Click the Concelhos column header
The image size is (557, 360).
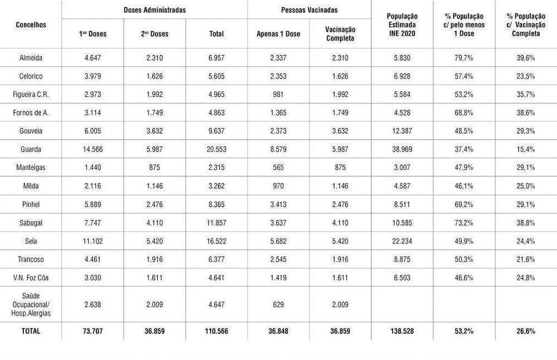pos(31,25)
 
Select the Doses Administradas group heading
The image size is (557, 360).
pos(155,10)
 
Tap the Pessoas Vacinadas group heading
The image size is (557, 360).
pos(310,10)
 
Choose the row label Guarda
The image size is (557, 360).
pos(31,149)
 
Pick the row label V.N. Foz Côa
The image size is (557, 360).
pos(31,278)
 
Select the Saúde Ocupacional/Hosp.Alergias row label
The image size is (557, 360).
pos(31,304)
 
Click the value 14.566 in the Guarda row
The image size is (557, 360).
pos(92,149)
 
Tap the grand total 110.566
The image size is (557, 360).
pos(216,331)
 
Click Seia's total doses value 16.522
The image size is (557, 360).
pos(216,241)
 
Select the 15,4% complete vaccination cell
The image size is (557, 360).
pos(525,149)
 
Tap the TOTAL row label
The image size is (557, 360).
pos(31,331)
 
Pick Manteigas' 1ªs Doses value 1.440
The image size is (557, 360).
pos(92,168)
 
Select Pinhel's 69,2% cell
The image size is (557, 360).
pos(463,204)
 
